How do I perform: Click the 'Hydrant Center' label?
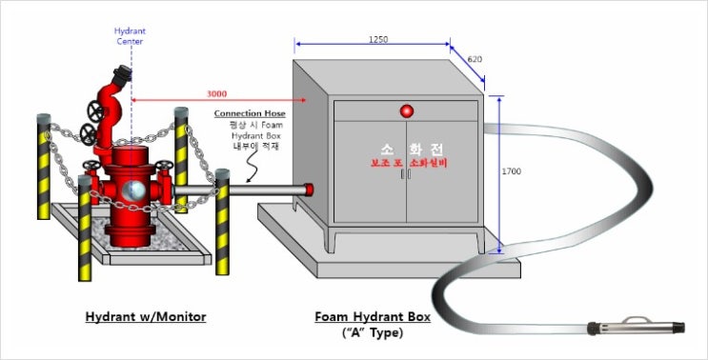coord(131,35)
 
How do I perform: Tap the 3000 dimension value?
coord(217,93)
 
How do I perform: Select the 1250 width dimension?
coord(377,39)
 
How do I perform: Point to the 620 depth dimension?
coord(475,60)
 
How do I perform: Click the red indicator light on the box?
coord(407,110)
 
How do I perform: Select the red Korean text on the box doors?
coord(407,164)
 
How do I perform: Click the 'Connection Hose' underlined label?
coord(249,113)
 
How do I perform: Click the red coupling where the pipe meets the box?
coord(309,189)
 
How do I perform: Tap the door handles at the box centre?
coord(407,176)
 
